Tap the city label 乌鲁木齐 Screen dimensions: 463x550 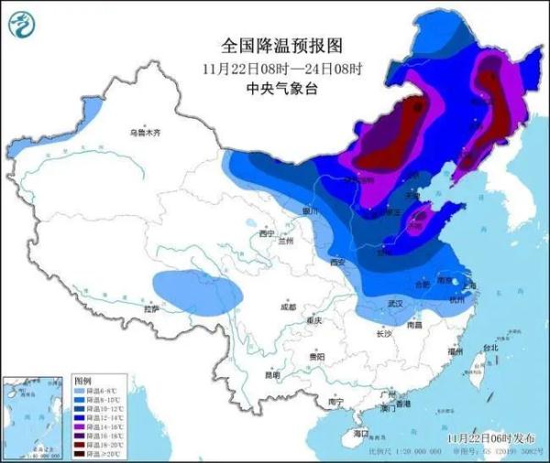(143, 134)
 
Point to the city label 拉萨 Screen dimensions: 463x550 (153, 309)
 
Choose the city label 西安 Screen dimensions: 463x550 (336, 264)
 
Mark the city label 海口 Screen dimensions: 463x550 (359, 433)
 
